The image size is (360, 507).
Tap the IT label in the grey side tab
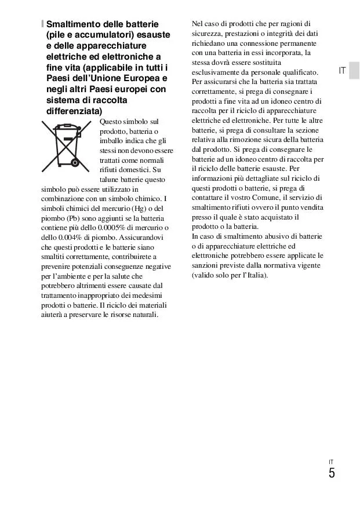(x=342, y=71)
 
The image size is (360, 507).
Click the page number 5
(x=331, y=473)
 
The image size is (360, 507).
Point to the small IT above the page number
(x=330, y=462)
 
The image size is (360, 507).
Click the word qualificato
(x=299, y=72)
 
